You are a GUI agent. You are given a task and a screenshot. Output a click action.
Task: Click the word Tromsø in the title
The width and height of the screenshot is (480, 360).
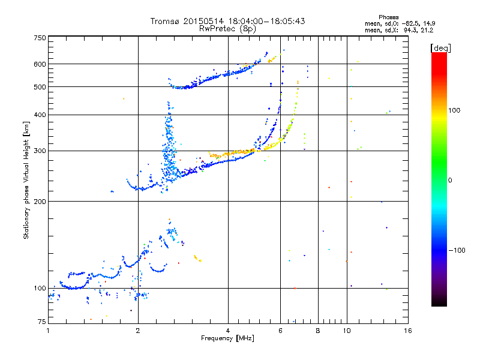pyautogui.click(x=164, y=21)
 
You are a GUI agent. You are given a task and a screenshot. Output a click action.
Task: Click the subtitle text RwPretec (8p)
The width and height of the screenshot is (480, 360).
pyautogui.click(x=227, y=29)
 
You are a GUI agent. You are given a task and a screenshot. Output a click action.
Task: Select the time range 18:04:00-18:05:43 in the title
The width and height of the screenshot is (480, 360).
pyautogui.click(x=266, y=21)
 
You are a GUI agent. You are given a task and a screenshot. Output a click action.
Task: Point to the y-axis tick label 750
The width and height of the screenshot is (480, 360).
pyautogui.click(x=40, y=38)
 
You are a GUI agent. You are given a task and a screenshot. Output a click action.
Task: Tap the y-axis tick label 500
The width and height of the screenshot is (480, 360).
pyautogui.click(x=40, y=87)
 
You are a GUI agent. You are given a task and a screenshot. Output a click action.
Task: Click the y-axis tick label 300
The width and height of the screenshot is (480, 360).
pyautogui.click(x=40, y=151)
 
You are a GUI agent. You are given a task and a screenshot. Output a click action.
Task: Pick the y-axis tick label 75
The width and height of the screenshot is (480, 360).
pyautogui.click(x=41, y=322)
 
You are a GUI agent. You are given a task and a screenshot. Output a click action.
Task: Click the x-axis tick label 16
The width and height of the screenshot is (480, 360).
pyautogui.click(x=407, y=331)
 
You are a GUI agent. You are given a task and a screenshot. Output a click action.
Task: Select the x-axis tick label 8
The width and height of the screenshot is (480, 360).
pyautogui.click(x=318, y=331)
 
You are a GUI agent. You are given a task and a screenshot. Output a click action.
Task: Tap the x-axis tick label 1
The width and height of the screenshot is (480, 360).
pyautogui.click(x=48, y=331)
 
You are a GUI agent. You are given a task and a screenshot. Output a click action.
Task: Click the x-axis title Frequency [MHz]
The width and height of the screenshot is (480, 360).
pyautogui.click(x=227, y=338)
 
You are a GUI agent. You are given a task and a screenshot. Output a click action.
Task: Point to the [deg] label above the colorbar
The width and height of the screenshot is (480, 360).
pyautogui.click(x=440, y=48)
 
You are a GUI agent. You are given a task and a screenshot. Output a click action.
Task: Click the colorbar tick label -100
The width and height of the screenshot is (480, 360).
pyautogui.click(x=457, y=250)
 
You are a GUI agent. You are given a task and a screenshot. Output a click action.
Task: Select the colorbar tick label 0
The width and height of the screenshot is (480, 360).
pyautogui.click(x=450, y=181)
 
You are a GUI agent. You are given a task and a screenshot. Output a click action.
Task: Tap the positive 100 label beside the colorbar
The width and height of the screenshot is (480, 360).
pyautogui.click(x=454, y=110)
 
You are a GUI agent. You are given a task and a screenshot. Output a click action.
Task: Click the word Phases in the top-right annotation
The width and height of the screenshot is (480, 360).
pyautogui.click(x=388, y=17)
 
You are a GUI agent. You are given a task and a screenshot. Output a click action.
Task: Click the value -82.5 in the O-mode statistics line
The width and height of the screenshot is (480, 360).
pyautogui.click(x=411, y=23)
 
